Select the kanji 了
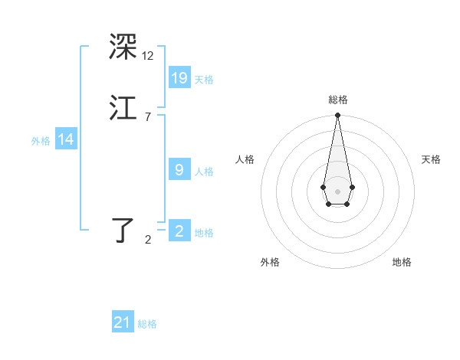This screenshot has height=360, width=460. coord(123,230)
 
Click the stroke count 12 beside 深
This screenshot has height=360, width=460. coord(148,56)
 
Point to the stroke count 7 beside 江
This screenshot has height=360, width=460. coord(148,116)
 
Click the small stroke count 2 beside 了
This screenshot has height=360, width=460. coord(148,240)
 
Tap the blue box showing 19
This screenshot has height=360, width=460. coord(179,78)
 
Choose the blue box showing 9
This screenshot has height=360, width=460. coord(179,170)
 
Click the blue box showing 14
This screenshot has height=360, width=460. coord(66,139)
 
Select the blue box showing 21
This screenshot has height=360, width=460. coord(123,322)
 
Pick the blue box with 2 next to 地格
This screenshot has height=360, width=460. coord(179,231)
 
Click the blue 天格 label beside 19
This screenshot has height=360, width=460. coord(204,80)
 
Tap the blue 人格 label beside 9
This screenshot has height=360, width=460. coord(204,172)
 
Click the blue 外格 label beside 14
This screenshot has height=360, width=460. coord(40,141)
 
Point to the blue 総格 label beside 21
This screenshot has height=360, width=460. coord(147,324)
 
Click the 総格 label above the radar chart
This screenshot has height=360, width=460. coord(337,100)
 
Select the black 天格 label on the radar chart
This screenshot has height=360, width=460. coord(431,159)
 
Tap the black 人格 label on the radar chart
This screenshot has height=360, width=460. coord(245,159)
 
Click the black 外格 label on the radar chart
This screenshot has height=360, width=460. coord(270,263)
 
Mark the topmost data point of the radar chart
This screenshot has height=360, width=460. coord(337,115)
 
